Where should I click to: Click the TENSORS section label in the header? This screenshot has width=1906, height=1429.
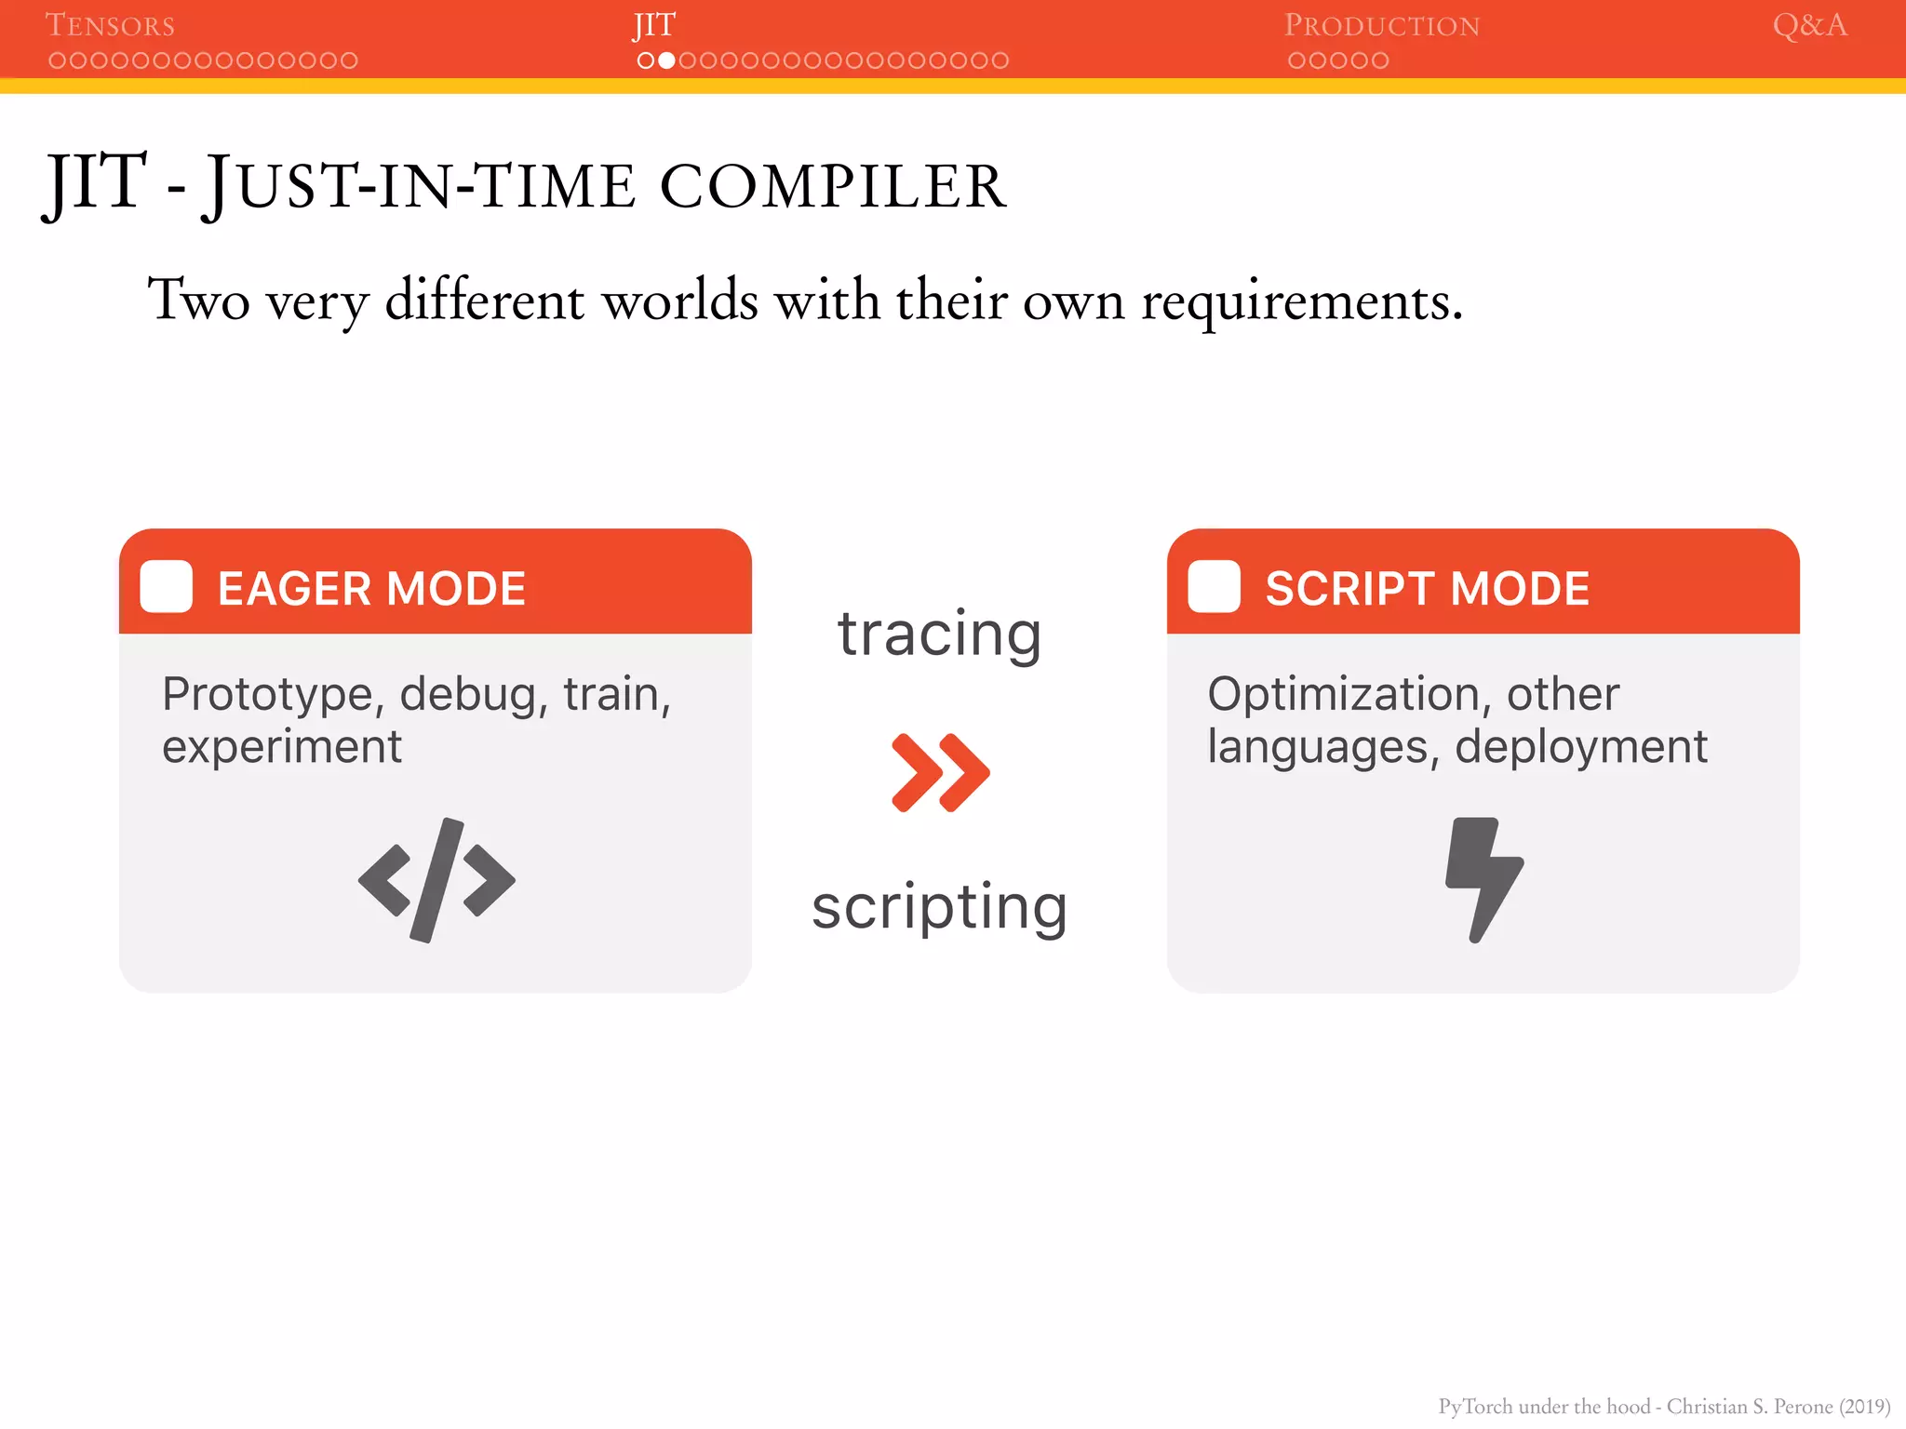click(x=110, y=25)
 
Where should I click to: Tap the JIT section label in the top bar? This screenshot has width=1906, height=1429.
click(x=654, y=25)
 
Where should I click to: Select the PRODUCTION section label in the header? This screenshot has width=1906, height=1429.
click(x=1381, y=25)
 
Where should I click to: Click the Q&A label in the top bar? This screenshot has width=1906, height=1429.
click(x=1809, y=25)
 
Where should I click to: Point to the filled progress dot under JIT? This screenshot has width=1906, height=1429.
click(x=666, y=60)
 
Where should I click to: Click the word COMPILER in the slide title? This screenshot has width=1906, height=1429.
click(x=833, y=186)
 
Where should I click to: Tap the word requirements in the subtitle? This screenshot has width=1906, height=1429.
click(x=1301, y=301)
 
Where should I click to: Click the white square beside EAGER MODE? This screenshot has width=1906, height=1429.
click(x=167, y=587)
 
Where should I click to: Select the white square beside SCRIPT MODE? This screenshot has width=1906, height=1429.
click(x=1214, y=587)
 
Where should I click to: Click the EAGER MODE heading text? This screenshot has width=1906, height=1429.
click(x=371, y=589)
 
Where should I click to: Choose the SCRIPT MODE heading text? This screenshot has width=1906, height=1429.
click(x=1427, y=589)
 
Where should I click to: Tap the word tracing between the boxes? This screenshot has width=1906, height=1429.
click(x=939, y=634)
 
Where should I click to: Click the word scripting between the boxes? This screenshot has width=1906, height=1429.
click(x=939, y=908)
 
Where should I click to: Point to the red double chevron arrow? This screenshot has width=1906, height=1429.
click(x=940, y=772)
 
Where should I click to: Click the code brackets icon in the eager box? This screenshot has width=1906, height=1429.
click(x=436, y=880)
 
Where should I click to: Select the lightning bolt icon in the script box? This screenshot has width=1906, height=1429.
click(x=1483, y=879)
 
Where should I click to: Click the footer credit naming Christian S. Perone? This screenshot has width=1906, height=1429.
click(x=1664, y=1406)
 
